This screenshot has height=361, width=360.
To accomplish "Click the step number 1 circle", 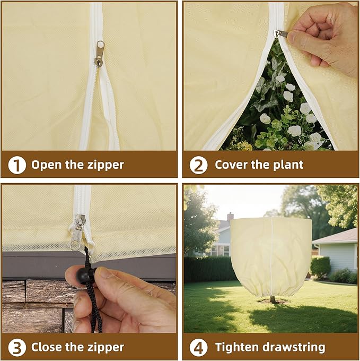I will coord(17,165).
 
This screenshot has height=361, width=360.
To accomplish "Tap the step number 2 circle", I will coord(198,165).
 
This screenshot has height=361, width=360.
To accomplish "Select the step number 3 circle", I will coord(17,348).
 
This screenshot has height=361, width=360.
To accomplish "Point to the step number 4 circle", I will coord(198,348).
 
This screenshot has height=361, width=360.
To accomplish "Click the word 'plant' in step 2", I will coord(287,165).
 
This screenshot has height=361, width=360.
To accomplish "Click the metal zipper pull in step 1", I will coord(99,54).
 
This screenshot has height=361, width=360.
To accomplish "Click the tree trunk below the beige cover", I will coord(273,299).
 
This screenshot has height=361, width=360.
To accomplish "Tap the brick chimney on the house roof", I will coord(230,217).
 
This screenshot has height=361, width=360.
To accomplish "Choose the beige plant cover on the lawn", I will coord(270,255).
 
